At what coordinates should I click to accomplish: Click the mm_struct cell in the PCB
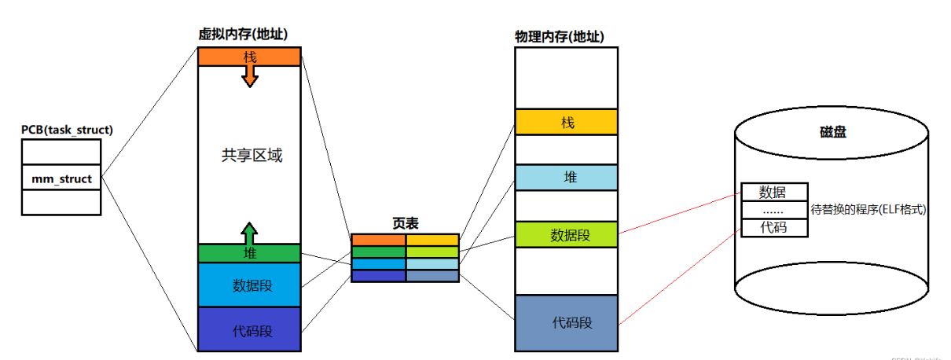point(61,178)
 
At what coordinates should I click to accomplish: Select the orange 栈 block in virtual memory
point(249,57)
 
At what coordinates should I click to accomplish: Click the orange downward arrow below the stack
point(249,75)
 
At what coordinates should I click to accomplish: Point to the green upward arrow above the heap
point(249,233)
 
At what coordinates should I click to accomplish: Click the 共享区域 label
point(252,156)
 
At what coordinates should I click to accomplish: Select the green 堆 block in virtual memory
point(249,253)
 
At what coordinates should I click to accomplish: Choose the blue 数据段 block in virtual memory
point(249,285)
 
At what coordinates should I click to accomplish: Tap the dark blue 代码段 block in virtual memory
point(249,330)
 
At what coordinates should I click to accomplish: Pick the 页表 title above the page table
point(404,223)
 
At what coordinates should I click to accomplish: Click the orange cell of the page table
point(378,240)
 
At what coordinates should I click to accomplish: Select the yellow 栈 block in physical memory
point(566,123)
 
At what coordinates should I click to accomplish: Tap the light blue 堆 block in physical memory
point(566,178)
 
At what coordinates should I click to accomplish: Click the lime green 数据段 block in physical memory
point(566,234)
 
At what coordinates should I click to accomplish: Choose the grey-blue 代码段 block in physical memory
point(566,323)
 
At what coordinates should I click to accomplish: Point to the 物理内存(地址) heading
point(559,37)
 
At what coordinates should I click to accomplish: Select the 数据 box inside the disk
point(773,192)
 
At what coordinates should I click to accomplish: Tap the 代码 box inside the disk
point(773,228)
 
